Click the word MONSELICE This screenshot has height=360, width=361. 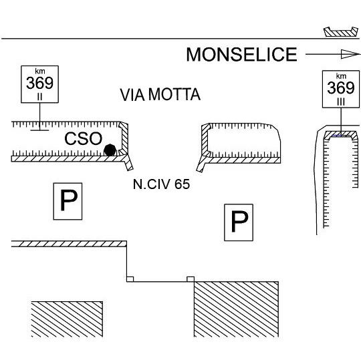241,55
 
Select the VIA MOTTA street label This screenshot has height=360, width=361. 160,95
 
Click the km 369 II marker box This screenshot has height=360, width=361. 40,84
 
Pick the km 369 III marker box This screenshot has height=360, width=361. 341,89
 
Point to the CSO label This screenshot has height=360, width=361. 83,138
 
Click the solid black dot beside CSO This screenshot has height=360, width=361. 110,150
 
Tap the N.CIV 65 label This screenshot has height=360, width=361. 161,184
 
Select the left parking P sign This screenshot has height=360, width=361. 68,201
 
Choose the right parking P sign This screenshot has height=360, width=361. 239,222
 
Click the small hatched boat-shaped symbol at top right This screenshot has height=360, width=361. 341,32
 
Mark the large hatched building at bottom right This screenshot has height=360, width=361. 236,309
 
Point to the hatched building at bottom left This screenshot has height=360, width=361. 67,319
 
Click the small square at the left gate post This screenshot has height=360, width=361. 130,279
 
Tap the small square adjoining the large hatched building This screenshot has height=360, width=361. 191,279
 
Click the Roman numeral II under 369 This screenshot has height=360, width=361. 40,97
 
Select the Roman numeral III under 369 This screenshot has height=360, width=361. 341,102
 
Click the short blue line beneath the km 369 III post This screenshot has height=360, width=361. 336,136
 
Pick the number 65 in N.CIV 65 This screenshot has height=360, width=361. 182,184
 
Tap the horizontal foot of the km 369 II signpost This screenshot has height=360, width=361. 39,130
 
